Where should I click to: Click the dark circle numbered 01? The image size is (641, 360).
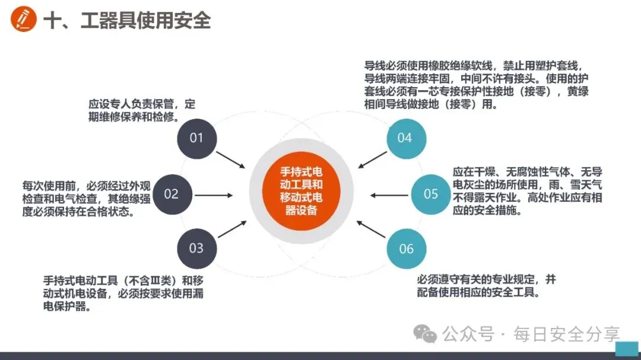196,138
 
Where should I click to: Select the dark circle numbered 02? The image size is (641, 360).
172,194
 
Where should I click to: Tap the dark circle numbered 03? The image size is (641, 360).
196,248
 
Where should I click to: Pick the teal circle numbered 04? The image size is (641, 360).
405,138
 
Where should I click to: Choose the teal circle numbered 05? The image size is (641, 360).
431,194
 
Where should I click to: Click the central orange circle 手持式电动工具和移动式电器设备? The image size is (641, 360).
302,192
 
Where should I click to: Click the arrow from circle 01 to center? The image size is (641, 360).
230,159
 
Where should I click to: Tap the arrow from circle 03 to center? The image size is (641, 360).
232,229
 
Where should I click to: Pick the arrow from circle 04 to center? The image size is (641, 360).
372,160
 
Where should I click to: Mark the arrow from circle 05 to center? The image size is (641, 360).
389,195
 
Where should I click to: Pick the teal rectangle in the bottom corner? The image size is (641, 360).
627,348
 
